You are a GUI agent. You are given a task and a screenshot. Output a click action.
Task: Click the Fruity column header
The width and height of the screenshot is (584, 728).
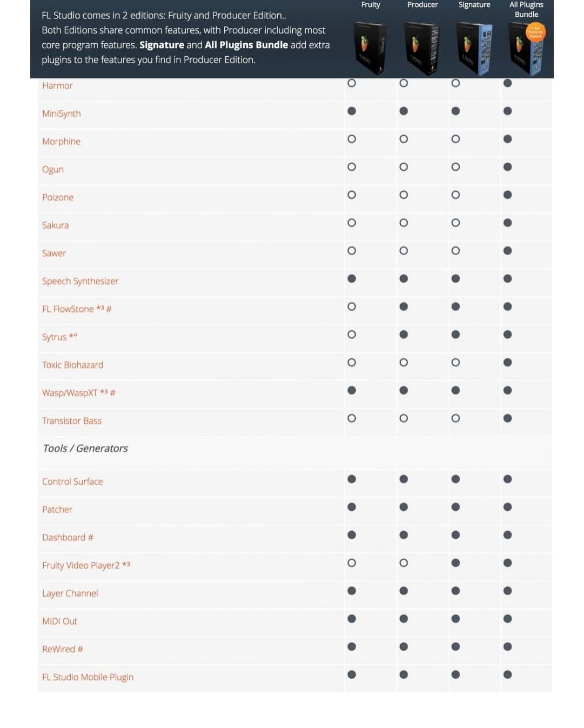(371, 5)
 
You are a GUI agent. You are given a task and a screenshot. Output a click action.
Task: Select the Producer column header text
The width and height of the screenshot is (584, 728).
(422, 5)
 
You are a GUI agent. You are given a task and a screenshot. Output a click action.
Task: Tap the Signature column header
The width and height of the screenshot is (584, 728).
(474, 5)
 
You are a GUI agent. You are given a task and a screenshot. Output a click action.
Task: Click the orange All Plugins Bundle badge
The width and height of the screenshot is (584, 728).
(535, 32)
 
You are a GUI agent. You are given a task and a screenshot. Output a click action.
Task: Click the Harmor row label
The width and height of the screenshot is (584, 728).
(57, 85)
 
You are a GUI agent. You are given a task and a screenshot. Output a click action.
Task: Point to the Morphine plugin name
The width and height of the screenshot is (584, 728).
(61, 142)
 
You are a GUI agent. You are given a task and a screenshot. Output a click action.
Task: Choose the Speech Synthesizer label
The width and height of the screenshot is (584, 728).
(80, 281)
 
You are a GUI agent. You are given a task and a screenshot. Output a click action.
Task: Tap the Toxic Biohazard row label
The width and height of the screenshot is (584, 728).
(72, 365)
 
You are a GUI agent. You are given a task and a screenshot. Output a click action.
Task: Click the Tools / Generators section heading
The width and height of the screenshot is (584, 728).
(85, 448)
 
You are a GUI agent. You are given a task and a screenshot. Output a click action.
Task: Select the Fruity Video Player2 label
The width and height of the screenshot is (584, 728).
(81, 565)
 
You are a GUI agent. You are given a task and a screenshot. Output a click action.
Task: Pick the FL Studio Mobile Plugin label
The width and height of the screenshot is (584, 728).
(88, 677)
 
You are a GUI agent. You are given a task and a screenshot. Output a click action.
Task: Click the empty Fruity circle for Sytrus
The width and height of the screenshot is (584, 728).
(352, 335)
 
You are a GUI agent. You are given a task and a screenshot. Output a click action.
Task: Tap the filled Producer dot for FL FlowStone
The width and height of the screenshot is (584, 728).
(404, 306)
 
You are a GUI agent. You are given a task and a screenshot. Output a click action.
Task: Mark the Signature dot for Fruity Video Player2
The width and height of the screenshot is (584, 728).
(455, 563)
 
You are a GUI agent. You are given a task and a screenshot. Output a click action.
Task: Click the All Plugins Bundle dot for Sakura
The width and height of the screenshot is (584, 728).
(507, 223)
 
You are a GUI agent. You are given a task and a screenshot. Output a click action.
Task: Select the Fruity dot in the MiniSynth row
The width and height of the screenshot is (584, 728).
(352, 111)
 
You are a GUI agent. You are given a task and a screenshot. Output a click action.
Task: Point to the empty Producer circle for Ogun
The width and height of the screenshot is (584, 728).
(404, 167)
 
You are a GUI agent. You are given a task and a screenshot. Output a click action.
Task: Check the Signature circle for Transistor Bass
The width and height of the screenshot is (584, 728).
(455, 418)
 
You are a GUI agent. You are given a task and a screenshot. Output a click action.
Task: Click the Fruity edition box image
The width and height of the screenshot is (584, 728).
(371, 49)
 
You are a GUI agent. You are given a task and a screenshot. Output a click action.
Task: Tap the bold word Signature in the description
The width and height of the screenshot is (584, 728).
(162, 45)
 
